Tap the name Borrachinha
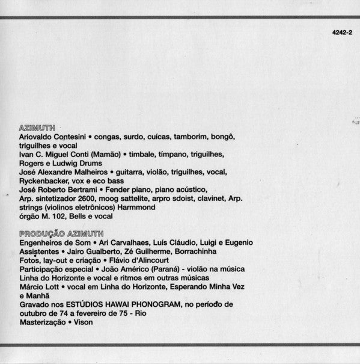coord(195,251)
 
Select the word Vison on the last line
coord(80,322)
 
